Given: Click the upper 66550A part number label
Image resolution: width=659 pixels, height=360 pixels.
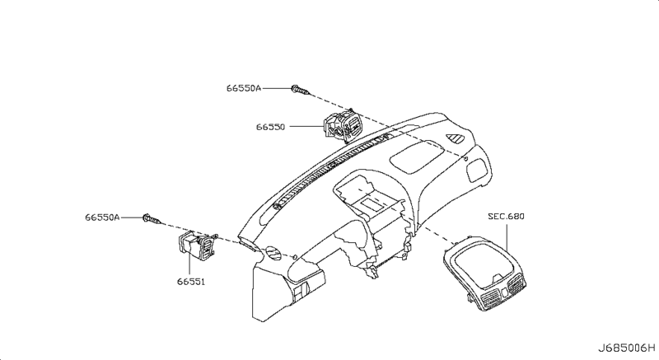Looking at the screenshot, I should [244, 86].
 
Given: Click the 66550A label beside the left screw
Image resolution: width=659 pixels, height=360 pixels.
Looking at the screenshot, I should [102, 217].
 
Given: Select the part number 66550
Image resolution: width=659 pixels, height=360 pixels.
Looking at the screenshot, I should [270, 128].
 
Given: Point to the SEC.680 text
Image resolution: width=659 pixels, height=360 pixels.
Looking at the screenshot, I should [505, 217].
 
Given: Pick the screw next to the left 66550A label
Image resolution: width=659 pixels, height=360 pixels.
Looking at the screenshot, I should [152, 219].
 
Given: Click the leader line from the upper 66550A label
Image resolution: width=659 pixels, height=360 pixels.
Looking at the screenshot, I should [277, 86].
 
